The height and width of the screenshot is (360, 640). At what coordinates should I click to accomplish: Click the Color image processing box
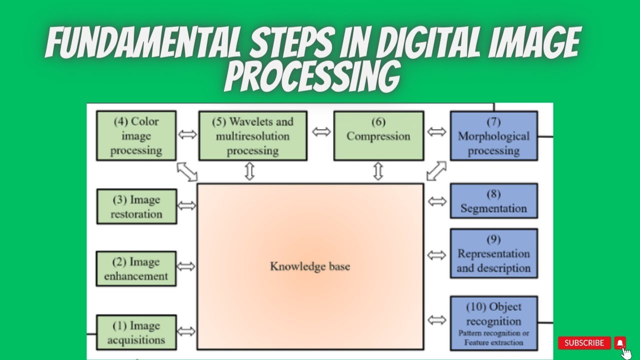[x=136, y=136]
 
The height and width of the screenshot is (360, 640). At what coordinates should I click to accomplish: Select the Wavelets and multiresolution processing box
[x=252, y=136]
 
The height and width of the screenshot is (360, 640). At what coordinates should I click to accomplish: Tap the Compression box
[x=378, y=136]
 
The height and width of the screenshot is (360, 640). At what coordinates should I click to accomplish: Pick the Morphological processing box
[x=493, y=136]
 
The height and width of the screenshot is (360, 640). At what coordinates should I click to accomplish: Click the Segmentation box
[x=493, y=201]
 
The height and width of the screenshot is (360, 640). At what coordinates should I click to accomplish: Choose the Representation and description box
[x=493, y=253]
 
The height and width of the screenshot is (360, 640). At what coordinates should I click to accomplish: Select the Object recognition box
[x=493, y=323]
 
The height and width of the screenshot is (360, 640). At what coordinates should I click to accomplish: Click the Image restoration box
[x=136, y=206]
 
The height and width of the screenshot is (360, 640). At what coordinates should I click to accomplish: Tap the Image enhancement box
[x=136, y=269]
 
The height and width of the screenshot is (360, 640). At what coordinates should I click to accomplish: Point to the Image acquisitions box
[x=136, y=332]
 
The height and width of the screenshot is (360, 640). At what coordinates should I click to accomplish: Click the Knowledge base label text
[x=310, y=266]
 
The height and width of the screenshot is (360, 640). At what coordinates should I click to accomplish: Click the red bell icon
[x=620, y=343]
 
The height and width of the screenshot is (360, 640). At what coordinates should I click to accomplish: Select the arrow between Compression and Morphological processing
[x=437, y=132]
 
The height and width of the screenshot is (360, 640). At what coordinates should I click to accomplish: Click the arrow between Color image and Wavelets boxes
[x=187, y=135]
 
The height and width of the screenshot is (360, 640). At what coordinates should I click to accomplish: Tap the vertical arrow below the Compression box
[x=378, y=171]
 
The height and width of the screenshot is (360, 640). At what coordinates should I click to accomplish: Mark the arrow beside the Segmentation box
[x=437, y=201]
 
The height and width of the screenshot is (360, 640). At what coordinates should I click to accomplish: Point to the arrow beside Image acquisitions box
[x=186, y=331]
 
